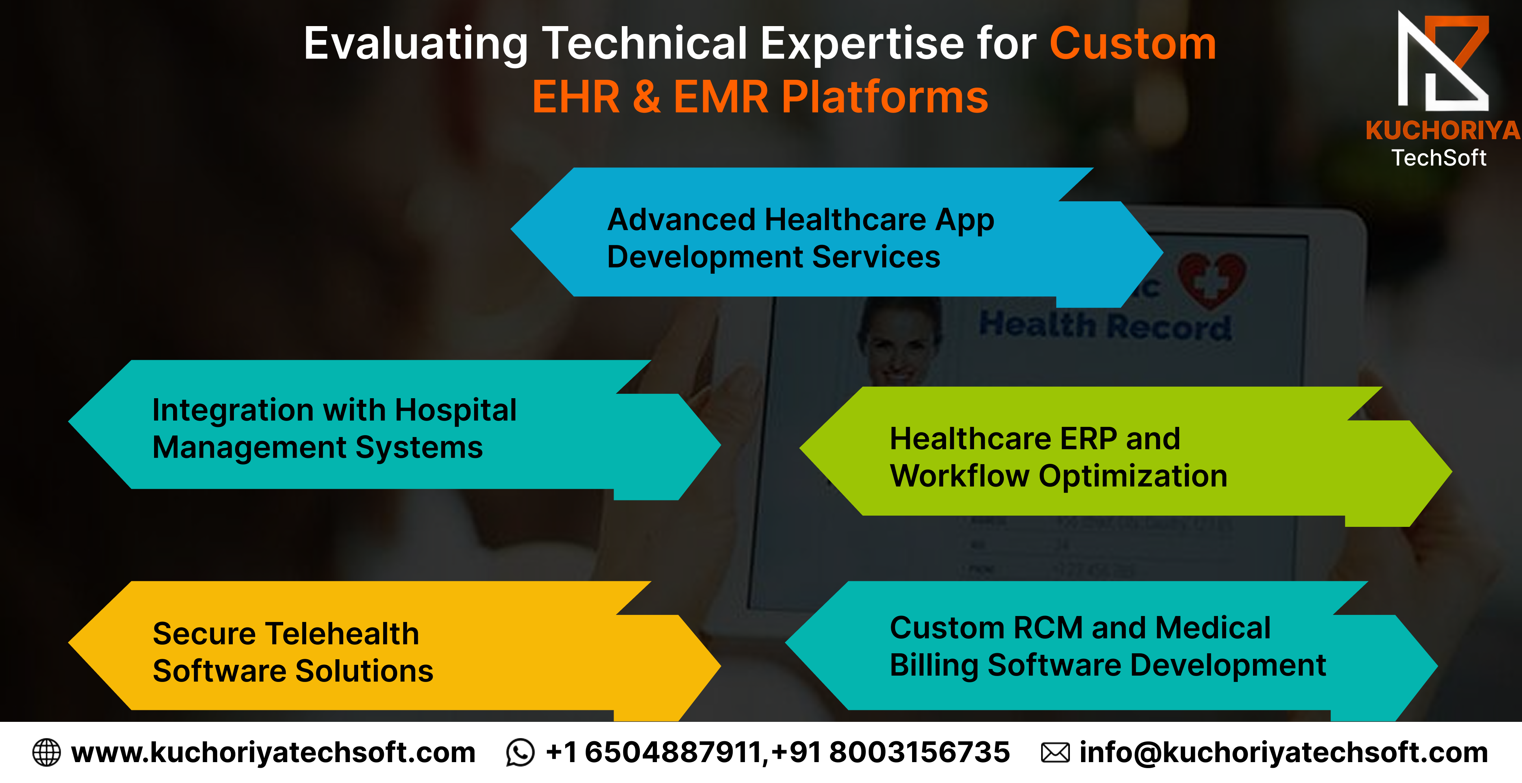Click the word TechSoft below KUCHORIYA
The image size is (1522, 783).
point(1439,158)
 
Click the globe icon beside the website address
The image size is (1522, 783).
point(47,753)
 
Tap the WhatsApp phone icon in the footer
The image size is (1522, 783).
point(520,753)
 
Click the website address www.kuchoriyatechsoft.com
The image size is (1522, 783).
point(273,753)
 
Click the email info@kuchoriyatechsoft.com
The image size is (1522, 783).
point(1283,753)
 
